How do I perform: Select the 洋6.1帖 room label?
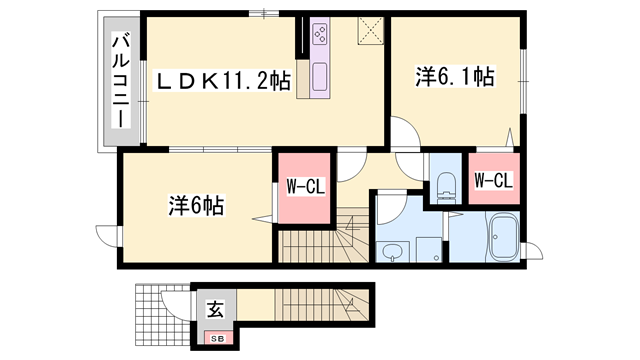tap(455, 75)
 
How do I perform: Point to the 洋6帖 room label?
tap(195, 207)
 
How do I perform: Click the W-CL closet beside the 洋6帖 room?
tap(304, 187)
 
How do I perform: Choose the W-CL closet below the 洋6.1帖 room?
tap(493, 181)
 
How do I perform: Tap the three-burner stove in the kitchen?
tap(323, 36)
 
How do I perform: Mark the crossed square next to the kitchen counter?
tap(369, 32)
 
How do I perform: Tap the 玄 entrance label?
tap(215, 310)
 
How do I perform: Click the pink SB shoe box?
tap(216, 339)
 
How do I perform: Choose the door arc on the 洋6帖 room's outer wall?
tap(114, 237)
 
